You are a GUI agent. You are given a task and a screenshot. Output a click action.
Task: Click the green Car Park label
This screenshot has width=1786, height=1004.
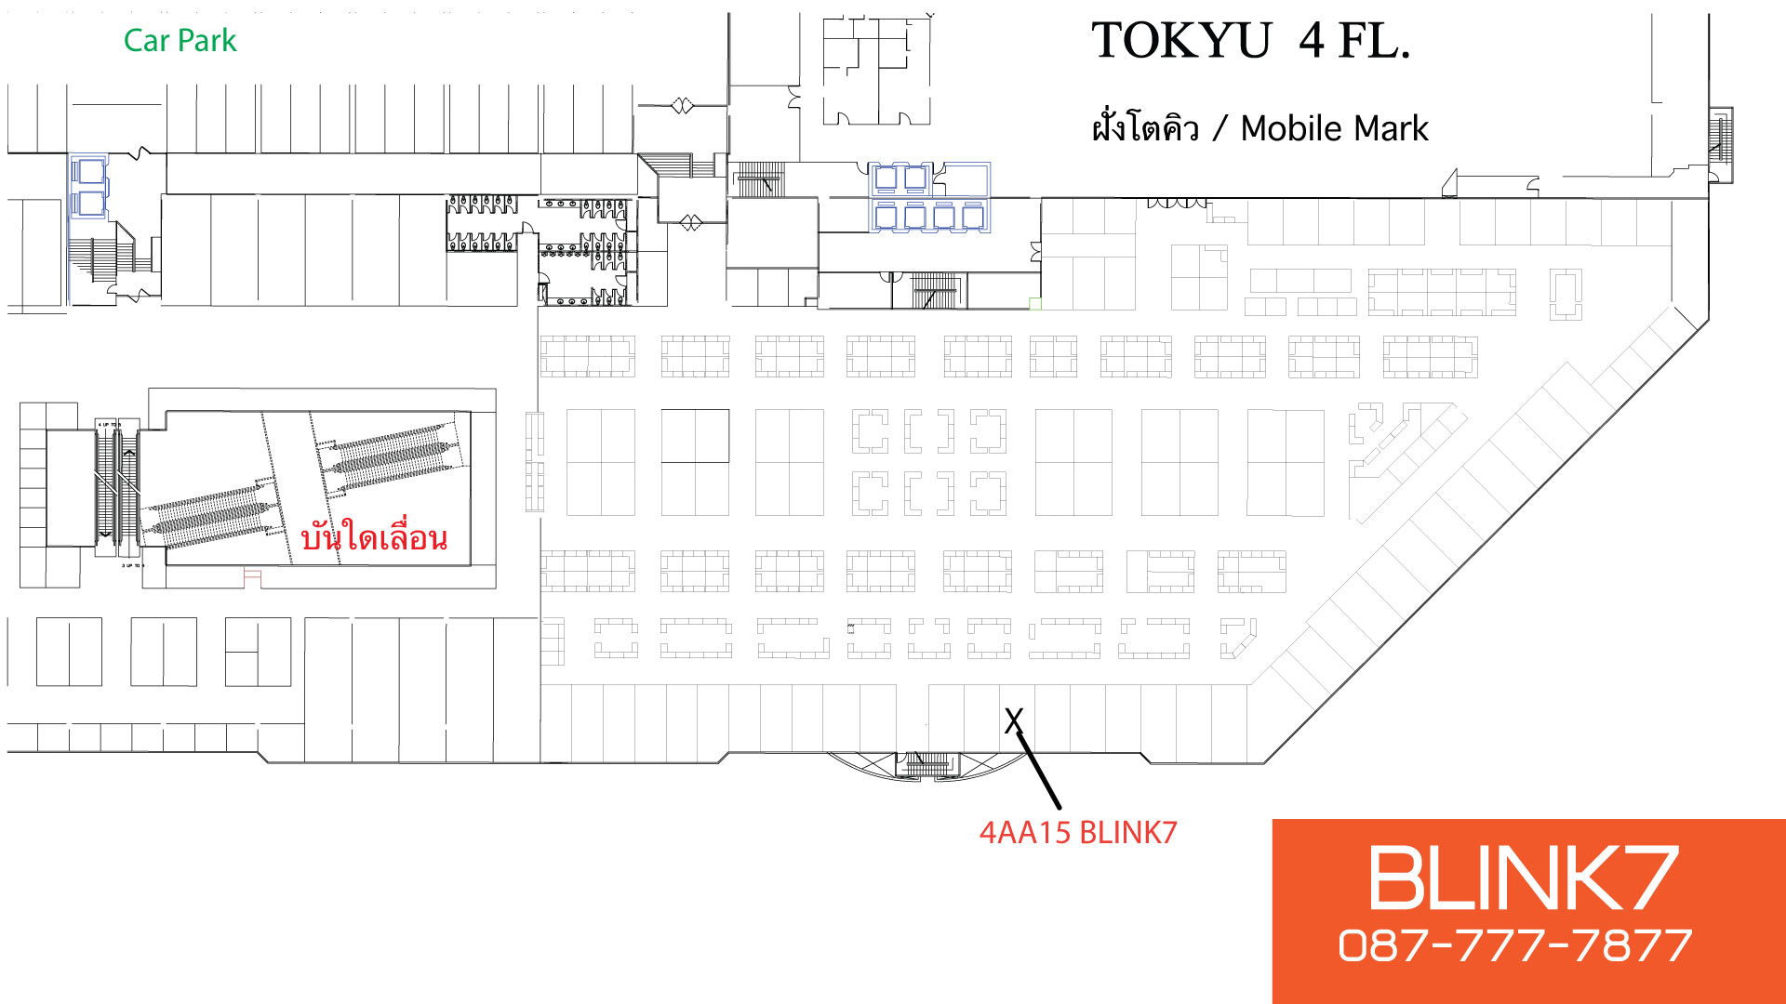coord(180,41)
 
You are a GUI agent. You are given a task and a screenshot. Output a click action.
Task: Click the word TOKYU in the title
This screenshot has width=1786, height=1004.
coord(1180,41)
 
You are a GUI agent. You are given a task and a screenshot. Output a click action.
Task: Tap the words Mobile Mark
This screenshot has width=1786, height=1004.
coord(1334,128)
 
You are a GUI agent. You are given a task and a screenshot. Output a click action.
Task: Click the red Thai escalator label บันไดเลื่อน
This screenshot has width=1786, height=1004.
coord(374,537)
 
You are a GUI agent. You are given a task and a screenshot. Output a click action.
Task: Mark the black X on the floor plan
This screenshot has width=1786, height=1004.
coord(1014,720)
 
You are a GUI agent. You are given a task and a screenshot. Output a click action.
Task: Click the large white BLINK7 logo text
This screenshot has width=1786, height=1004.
coord(1523,878)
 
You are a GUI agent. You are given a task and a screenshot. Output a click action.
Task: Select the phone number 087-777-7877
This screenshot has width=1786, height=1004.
coord(1515,946)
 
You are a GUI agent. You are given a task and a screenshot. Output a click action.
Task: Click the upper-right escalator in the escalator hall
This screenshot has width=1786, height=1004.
coord(391,456)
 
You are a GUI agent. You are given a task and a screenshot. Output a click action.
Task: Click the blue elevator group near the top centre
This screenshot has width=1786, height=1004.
coord(929,197)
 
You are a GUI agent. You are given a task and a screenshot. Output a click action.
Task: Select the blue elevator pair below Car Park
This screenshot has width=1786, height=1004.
coord(90,187)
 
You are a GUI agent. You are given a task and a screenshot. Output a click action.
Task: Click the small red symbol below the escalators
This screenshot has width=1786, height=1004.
coord(252,577)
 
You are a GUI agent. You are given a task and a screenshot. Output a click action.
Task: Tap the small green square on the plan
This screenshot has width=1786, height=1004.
coord(1034,303)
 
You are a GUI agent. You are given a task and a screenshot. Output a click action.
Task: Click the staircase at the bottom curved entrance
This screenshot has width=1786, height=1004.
coord(927,764)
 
